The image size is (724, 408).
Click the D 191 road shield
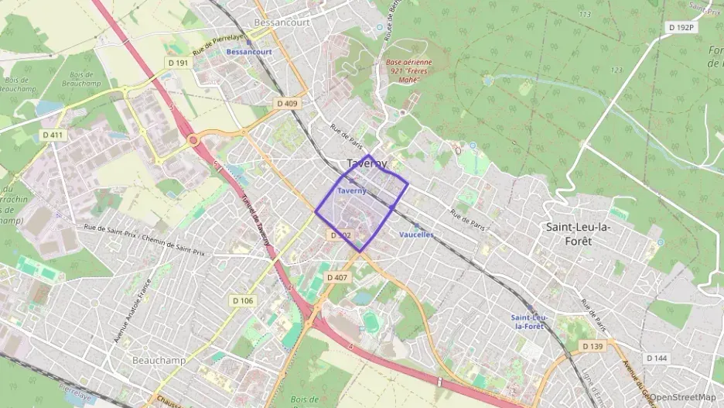point(178,63)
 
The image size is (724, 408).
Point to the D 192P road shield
point(680,27)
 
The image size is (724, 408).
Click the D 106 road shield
point(242,300)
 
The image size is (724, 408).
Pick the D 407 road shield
point(337,276)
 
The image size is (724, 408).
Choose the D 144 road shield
point(656,358)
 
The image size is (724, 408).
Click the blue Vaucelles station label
point(416,235)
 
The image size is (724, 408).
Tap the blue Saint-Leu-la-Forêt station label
point(530,321)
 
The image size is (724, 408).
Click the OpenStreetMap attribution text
point(682,397)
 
